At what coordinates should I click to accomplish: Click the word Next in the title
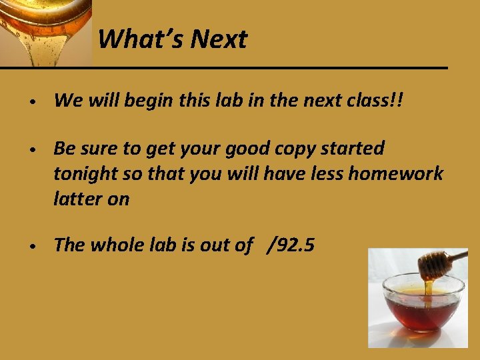[x=218, y=39]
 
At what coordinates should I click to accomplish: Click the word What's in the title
[x=141, y=39]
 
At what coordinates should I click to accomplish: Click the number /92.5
[x=290, y=245]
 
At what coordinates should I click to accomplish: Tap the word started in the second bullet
[x=357, y=148]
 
